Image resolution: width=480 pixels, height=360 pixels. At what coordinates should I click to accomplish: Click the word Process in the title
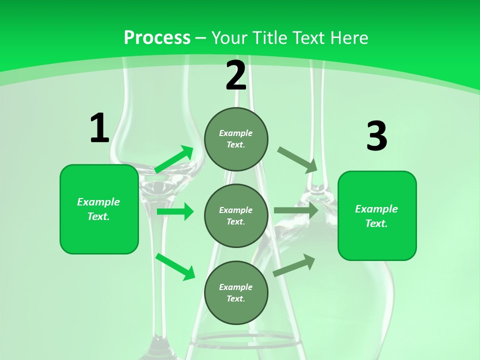(157, 38)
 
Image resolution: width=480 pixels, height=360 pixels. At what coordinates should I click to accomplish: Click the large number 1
(99, 128)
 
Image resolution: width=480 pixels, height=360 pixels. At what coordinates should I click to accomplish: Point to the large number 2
(236, 75)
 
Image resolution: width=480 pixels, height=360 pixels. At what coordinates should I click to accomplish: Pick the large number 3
(376, 136)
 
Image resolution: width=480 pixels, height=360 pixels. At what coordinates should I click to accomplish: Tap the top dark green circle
(236, 139)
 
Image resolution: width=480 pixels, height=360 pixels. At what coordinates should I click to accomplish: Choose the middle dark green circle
(236, 216)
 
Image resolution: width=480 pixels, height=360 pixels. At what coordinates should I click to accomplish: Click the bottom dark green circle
(236, 293)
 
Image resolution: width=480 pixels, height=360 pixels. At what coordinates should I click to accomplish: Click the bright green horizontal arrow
(175, 211)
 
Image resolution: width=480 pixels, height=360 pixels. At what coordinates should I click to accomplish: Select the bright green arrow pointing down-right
(175, 266)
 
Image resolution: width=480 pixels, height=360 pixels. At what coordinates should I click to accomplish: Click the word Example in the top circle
(236, 133)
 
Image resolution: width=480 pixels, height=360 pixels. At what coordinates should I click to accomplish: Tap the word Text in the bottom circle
(235, 298)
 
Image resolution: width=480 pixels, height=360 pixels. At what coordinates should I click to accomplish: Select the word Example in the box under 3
(376, 209)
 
